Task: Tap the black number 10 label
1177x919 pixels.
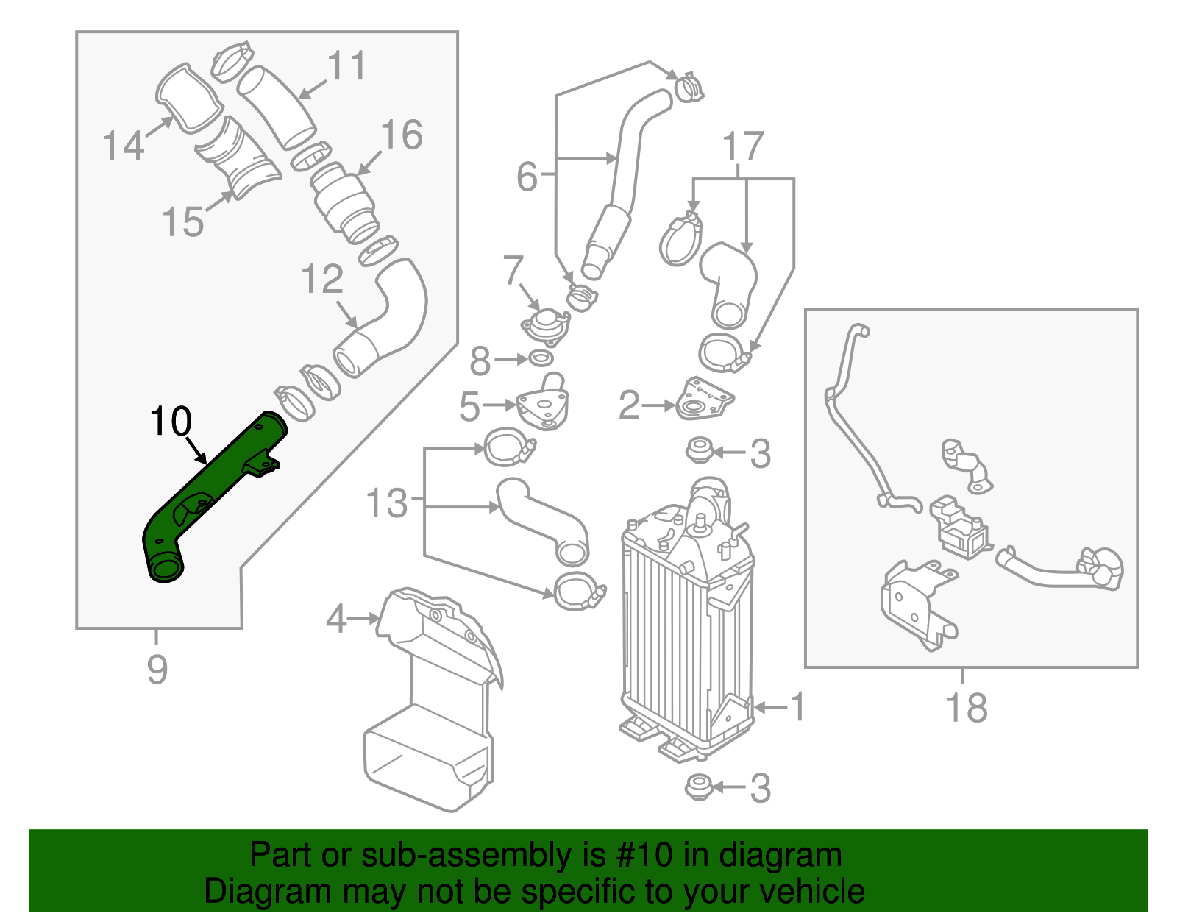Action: (x=171, y=422)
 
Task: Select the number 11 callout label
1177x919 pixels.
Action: (x=346, y=66)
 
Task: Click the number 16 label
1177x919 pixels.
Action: (x=402, y=135)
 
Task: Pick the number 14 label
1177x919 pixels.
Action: (x=123, y=145)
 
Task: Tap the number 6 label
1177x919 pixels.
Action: (x=527, y=177)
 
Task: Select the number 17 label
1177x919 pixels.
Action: (x=743, y=146)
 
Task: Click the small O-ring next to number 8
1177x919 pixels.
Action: (x=541, y=359)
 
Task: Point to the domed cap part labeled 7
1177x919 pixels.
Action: (x=545, y=324)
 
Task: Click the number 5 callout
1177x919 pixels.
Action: (x=469, y=406)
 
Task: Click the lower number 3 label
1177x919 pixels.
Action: (x=760, y=788)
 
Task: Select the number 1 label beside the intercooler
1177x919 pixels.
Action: (x=797, y=706)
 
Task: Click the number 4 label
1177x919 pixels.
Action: (x=336, y=619)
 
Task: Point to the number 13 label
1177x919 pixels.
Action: (x=386, y=504)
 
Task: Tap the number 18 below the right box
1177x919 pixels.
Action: (x=966, y=708)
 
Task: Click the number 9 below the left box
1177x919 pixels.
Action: (x=157, y=670)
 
